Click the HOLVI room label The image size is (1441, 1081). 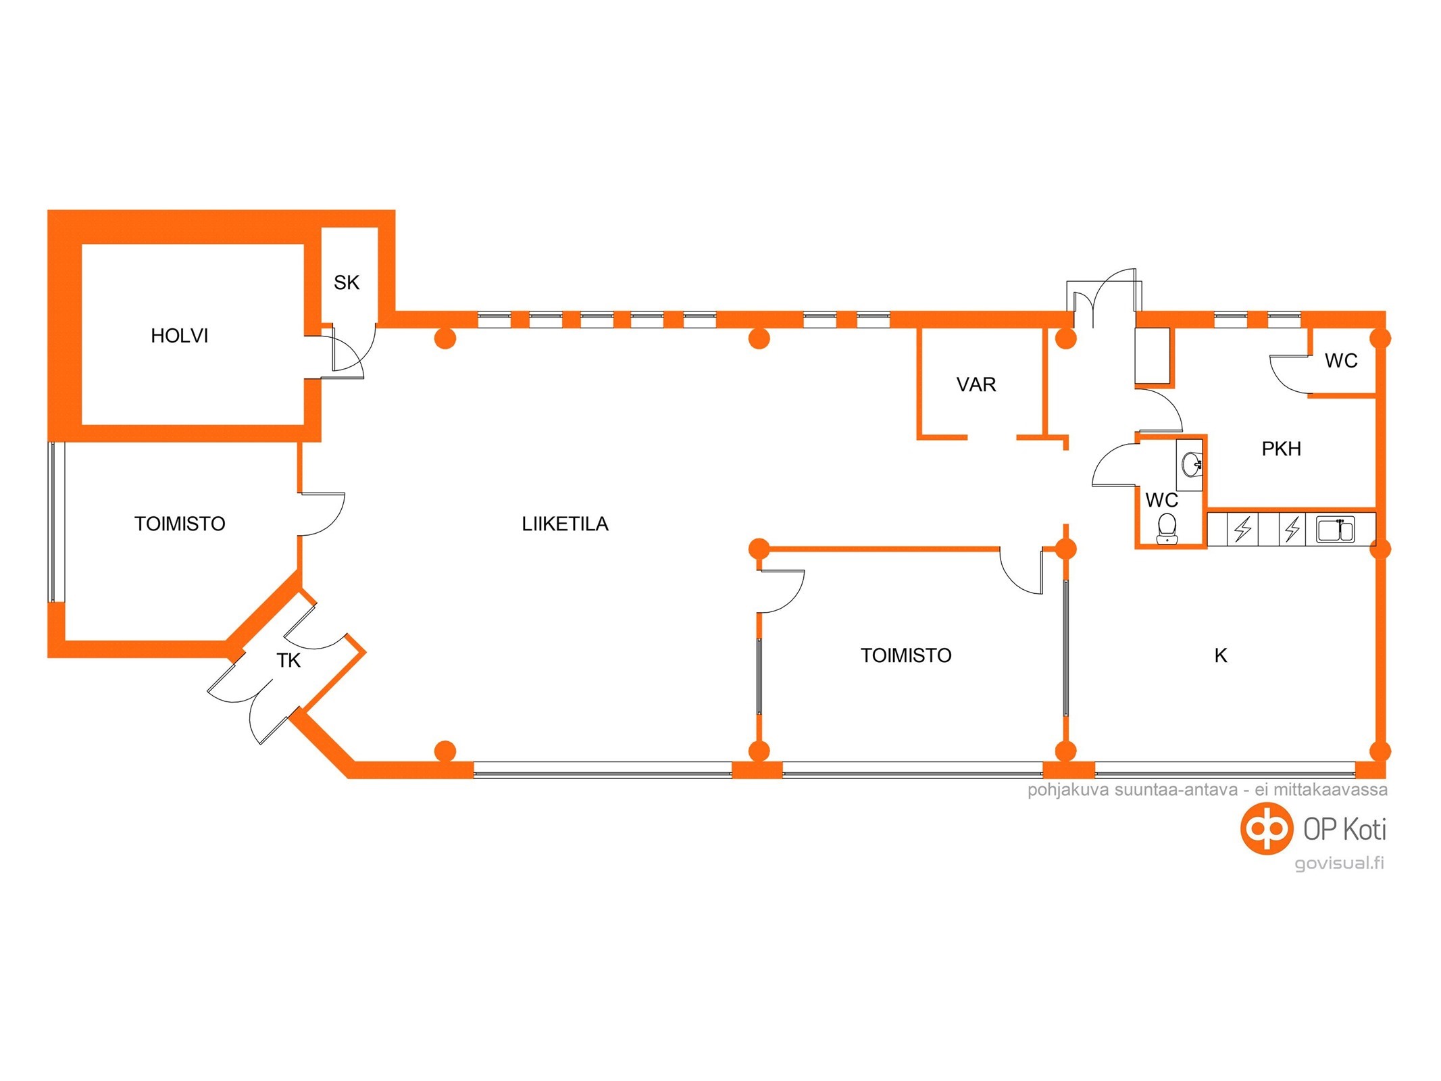pos(179,336)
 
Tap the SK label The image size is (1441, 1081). pos(347,282)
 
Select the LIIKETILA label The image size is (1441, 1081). pos(565,524)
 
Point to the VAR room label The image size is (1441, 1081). pos(976,384)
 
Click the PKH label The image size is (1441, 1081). pos(1281,449)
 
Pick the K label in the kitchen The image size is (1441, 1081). pos(1220,655)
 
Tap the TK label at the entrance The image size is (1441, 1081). pos(288,660)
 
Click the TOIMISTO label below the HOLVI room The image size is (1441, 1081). pos(180,524)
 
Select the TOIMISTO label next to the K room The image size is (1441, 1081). pos(905,655)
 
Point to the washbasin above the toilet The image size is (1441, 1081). pos(1191,463)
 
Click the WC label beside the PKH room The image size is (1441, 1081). pos(1341,361)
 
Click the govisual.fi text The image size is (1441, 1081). pos(1338,863)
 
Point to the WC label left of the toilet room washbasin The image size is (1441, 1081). pos(1161,500)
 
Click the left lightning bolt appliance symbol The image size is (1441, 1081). pos(1242,529)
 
